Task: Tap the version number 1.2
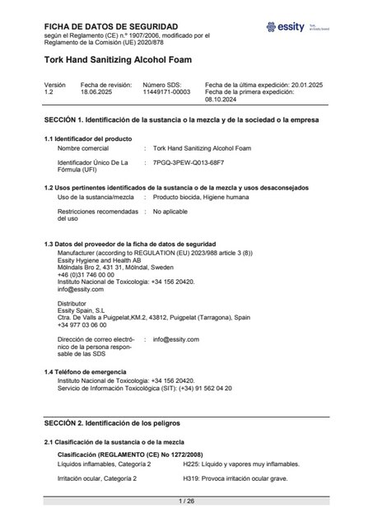coord(49,92)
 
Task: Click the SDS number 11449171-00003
coord(166,92)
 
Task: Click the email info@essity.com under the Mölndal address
coord(81,290)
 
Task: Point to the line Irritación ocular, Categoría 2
coord(96,478)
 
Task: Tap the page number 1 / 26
coord(186,501)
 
